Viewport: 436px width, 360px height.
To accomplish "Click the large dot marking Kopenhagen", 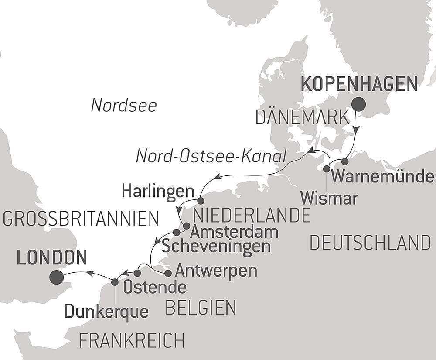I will pyautogui.click(x=359, y=104).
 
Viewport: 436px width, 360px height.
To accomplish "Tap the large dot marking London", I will pyautogui.click(x=56, y=277).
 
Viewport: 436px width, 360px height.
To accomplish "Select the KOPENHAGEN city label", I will pyautogui.click(x=359, y=84).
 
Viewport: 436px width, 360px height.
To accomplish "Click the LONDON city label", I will pyautogui.click(x=52, y=258).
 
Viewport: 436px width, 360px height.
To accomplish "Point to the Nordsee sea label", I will pyautogui.click(x=124, y=106).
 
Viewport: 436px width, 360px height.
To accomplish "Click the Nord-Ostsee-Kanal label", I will pyautogui.click(x=211, y=156).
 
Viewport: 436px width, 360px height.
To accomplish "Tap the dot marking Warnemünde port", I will pyautogui.click(x=345, y=161).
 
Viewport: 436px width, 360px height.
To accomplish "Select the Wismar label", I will pyautogui.click(x=329, y=199).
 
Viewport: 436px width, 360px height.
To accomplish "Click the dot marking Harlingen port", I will pyautogui.click(x=201, y=201).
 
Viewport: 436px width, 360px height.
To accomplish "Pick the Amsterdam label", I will pyautogui.click(x=234, y=232).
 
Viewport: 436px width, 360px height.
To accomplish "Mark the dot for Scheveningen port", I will pyautogui.click(x=177, y=232).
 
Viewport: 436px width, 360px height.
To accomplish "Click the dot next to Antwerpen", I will pyautogui.click(x=168, y=273).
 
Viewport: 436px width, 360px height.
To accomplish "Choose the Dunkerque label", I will pyautogui.click(x=106, y=312).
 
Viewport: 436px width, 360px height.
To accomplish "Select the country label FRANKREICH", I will pyautogui.click(x=132, y=341).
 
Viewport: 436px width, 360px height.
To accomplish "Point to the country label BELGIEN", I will pyautogui.click(x=201, y=308).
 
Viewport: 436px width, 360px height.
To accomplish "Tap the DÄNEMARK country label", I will pyautogui.click(x=302, y=117).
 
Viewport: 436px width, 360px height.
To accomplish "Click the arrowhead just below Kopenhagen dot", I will pyautogui.click(x=357, y=130).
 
